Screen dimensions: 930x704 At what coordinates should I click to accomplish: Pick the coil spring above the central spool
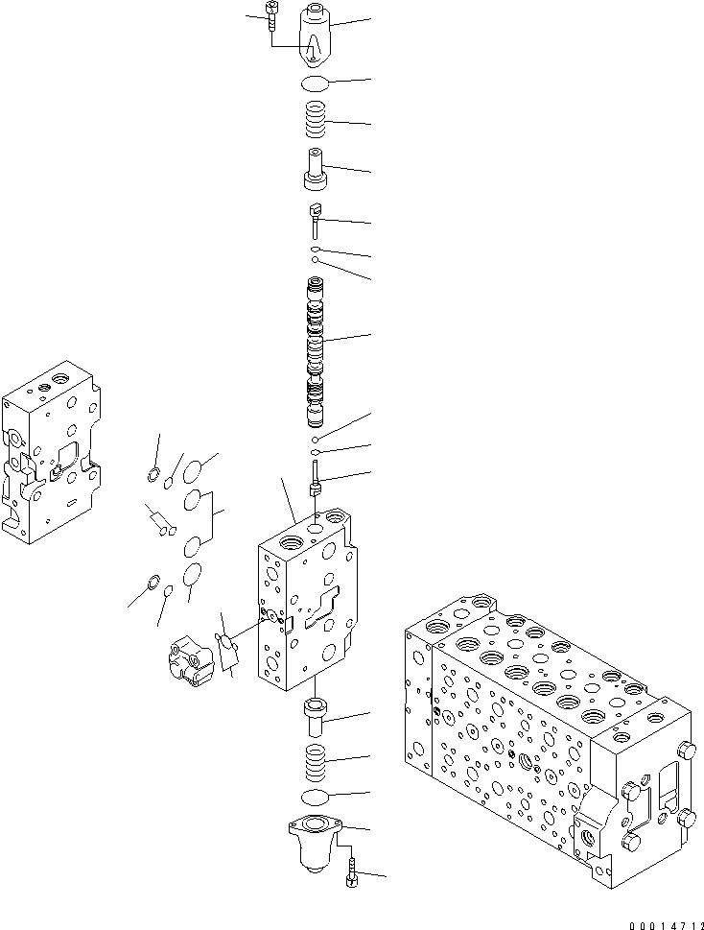click(317, 123)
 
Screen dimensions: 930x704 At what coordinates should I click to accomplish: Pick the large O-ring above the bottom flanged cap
click(316, 798)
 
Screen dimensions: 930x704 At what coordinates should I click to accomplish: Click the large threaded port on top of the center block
click(317, 527)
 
